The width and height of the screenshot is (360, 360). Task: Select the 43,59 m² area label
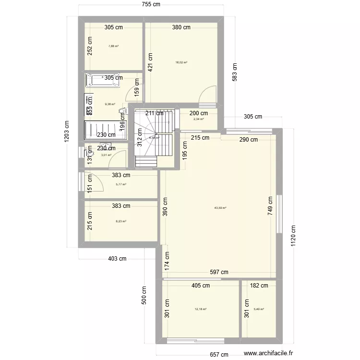click(x=220, y=208)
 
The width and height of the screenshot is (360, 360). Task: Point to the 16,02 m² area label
click(x=181, y=62)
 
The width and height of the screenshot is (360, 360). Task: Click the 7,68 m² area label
click(x=113, y=46)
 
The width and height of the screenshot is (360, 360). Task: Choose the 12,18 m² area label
click(x=200, y=309)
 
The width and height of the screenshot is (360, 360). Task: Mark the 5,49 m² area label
click(x=259, y=309)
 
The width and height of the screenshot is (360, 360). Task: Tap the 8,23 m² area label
click(x=121, y=221)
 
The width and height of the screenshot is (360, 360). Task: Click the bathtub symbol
click(x=103, y=81)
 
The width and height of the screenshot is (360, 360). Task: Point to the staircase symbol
click(x=153, y=139)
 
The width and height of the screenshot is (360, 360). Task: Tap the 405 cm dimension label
click(x=200, y=286)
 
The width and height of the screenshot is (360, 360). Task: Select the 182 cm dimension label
click(x=259, y=286)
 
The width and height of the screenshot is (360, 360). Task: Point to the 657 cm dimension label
click(x=221, y=354)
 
